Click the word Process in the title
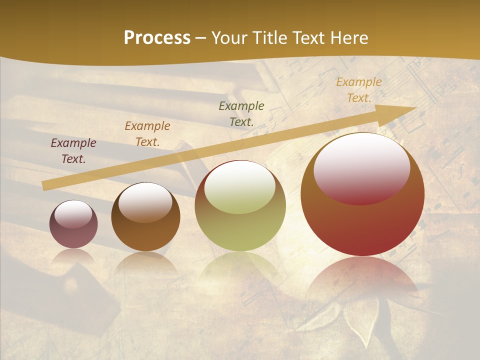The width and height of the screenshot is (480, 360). tap(157, 38)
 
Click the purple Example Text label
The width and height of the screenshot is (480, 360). tap(73, 151)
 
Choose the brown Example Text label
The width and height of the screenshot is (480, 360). tap(147, 134)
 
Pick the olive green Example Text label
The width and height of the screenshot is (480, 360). tap(241, 113)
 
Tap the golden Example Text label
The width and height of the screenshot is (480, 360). tap(358, 90)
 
